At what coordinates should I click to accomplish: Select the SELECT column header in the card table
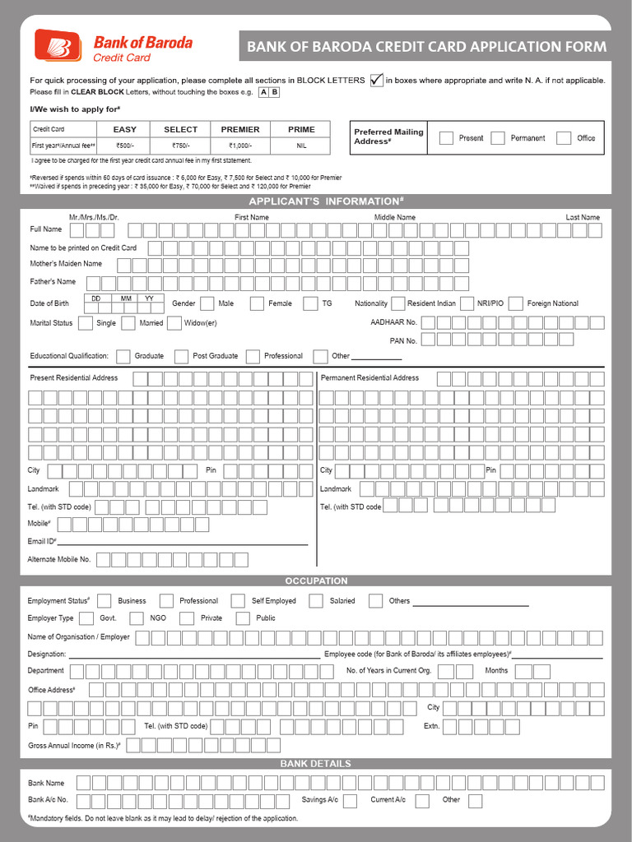click(x=180, y=129)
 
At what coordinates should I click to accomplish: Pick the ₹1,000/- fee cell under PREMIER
click(x=240, y=146)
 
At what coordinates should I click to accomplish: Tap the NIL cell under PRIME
click(x=301, y=146)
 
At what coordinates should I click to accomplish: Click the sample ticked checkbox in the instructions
click(x=376, y=80)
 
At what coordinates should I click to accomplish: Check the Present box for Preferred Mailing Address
click(x=446, y=138)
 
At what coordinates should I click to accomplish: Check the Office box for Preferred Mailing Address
click(x=563, y=138)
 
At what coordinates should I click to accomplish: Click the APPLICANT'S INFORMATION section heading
click(x=326, y=201)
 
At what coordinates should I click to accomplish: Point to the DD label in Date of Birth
click(x=96, y=298)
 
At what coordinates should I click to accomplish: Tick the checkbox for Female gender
click(x=310, y=303)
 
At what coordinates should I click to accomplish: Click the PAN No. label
click(x=403, y=340)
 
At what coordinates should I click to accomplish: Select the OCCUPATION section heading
click(x=316, y=581)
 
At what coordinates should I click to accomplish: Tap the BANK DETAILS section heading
click(x=316, y=763)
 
